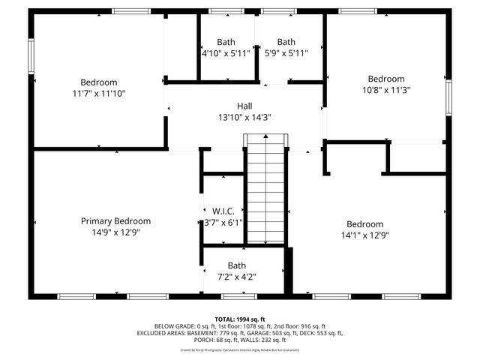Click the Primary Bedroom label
coord(115,221)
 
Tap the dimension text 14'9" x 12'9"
coord(115,232)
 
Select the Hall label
coord(245,106)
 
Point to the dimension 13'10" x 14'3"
coord(245,118)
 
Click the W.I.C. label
coord(223,211)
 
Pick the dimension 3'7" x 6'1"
coord(223,223)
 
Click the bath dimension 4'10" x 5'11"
coord(226,53)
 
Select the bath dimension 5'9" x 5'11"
coord(286,53)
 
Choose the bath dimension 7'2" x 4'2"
coord(237,277)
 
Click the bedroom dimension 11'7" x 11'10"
coord(99,94)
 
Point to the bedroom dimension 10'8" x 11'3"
coord(385,90)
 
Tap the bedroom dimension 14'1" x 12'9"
coord(364,235)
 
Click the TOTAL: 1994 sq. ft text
coord(240,319)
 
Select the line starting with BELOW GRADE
coord(240,326)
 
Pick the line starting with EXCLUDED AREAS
coord(240,333)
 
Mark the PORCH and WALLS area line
coord(240,340)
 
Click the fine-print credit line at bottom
coord(240,349)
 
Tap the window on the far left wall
coord(31,56)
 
